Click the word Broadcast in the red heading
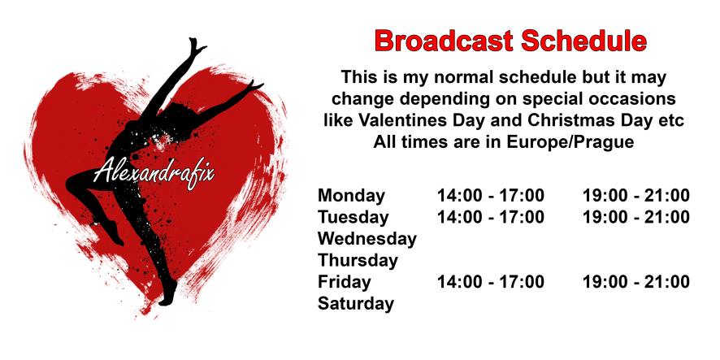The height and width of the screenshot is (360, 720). pos(445,41)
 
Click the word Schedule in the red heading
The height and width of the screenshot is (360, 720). pos(584,41)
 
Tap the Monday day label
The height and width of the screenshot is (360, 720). pos(351,197)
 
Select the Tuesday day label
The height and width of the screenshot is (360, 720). pos(353,217)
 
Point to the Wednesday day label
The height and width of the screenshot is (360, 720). pos(367,239)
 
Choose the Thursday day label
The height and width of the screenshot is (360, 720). pos(358,260)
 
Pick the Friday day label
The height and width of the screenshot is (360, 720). pos(344,282)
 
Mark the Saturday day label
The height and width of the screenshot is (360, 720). pos(356,303)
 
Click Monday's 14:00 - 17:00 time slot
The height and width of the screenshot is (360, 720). pos(490,196)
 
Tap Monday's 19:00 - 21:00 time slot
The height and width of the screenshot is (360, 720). pos(636,196)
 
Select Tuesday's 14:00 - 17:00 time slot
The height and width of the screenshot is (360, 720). pos(490,217)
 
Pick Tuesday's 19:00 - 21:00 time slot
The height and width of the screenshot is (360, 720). pos(636,217)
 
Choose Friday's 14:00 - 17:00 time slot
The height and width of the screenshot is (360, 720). pos(490,282)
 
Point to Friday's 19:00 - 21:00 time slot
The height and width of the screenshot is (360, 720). pos(636,282)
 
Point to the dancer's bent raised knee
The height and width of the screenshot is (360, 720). pos(72,183)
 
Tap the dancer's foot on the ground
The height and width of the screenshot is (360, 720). pos(168,294)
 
